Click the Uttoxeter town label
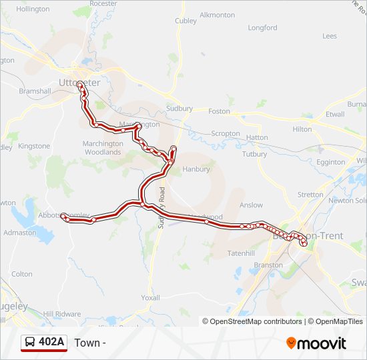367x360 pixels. (x=79, y=83)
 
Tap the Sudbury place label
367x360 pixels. (x=179, y=108)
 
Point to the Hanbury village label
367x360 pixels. (x=196, y=169)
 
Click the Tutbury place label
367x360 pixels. (x=254, y=154)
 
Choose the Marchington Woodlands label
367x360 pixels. (x=102, y=147)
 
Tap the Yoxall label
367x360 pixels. (x=151, y=298)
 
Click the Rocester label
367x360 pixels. (x=103, y=3)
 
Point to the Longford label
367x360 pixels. (x=262, y=28)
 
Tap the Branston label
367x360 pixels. (x=269, y=265)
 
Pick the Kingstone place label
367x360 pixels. (x=34, y=146)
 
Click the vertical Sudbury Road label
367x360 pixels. (x=161, y=209)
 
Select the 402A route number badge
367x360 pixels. (x=51, y=342)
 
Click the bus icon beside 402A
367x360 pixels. (x=30, y=343)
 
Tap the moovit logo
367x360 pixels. (x=316, y=343)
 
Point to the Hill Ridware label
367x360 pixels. (x=62, y=314)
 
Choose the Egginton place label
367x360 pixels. (x=331, y=162)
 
